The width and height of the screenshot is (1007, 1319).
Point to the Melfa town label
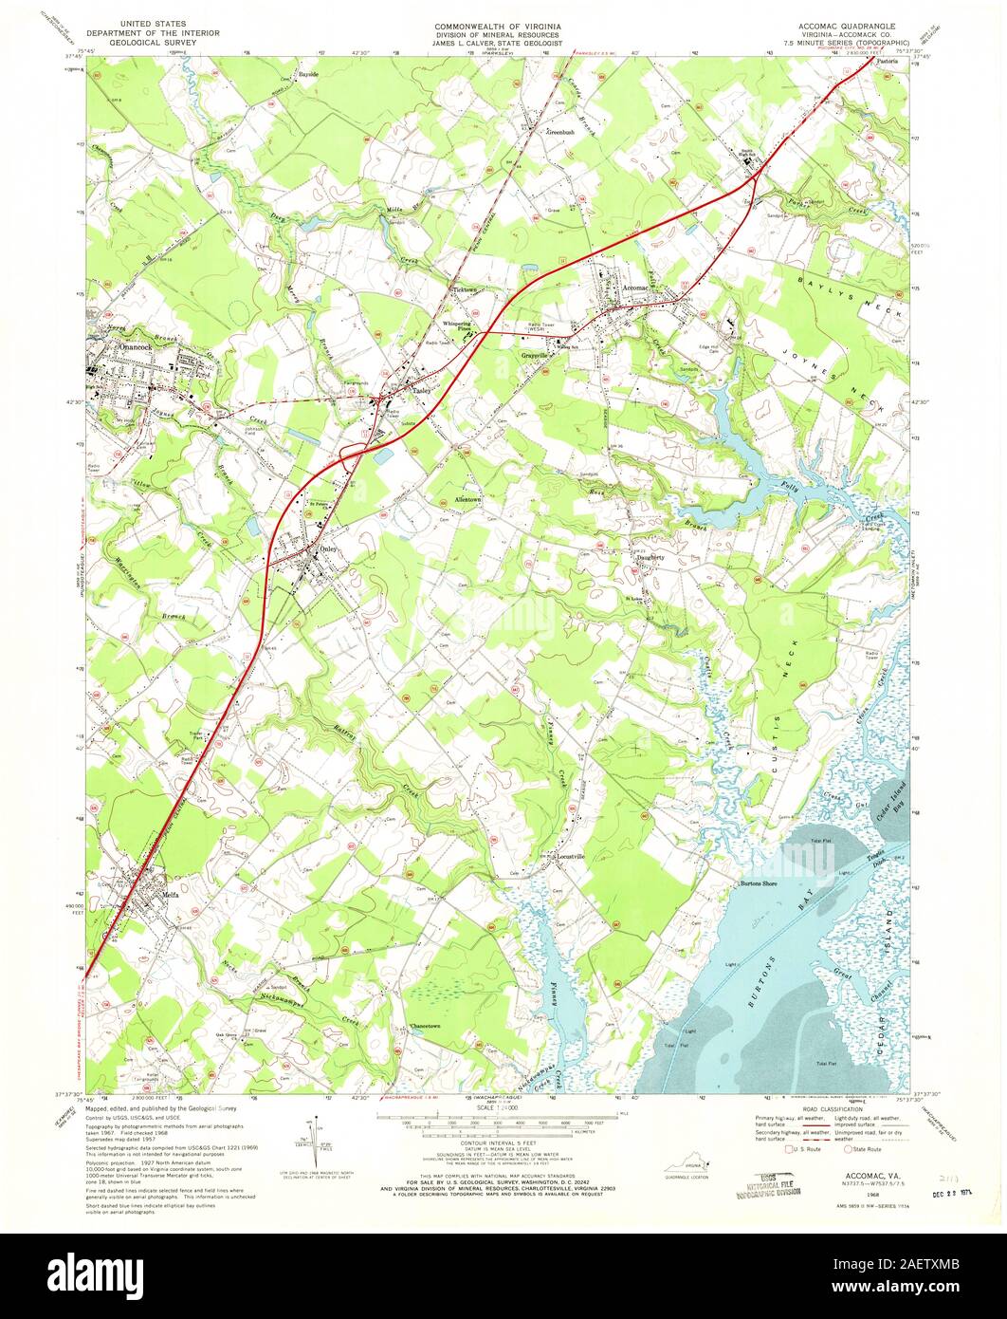[x=171, y=893]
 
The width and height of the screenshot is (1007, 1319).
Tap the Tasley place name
[x=422, y=390]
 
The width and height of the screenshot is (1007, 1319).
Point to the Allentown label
[x=461, y=499]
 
